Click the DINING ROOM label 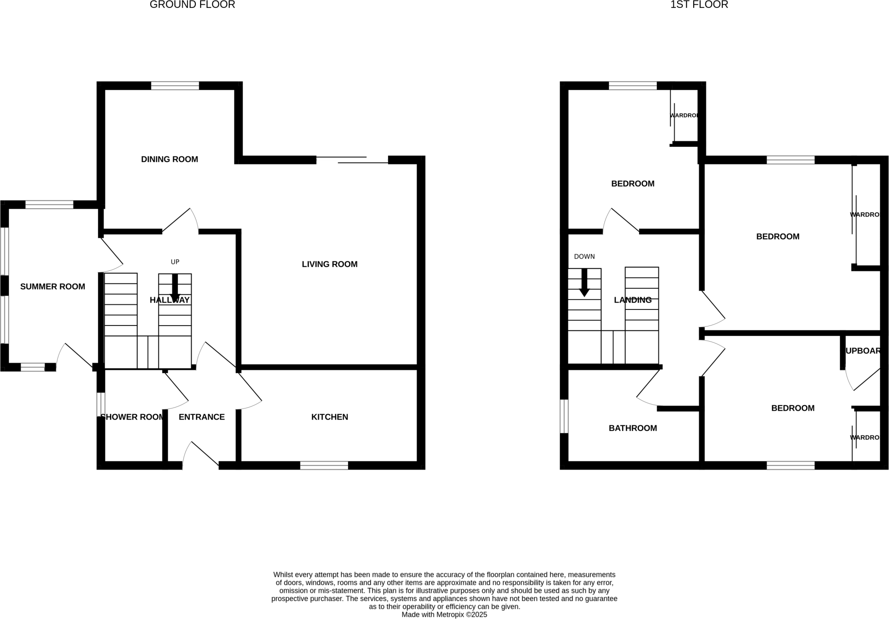[169, 159]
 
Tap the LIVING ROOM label [329, 264]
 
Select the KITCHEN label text [329, 417]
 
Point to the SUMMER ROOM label [53, 286]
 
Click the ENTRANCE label [201, 417]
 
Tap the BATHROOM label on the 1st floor [632, 428]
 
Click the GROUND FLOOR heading [192, 5]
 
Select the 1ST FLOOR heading [699, 5]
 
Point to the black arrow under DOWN [584, 283]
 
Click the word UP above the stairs [175, 262]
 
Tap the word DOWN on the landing [584, 257]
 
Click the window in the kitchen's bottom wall [324, 466]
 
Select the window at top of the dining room [175, 86]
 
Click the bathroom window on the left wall [564, 416]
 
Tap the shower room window [100, 404]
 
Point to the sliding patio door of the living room [352, 160]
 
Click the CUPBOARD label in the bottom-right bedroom [863, 351]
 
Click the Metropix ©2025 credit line [444, 615]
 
